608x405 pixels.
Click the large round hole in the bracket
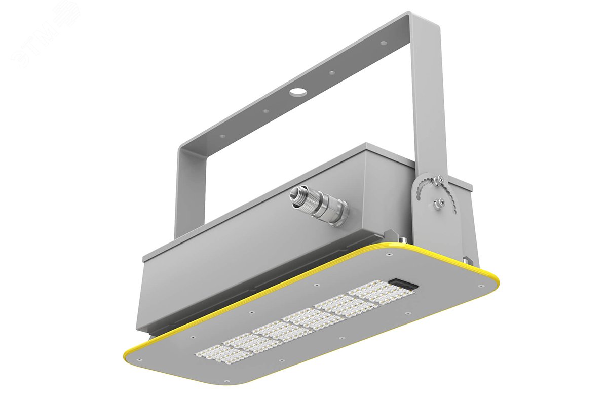click(x=297, y=92)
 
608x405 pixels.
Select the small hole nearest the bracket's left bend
click(x=221, y=136)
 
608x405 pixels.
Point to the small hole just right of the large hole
click(x=331, y=73)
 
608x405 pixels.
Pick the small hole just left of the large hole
click(x=265, y=111)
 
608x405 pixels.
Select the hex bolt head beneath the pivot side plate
click(x=466, y=260)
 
